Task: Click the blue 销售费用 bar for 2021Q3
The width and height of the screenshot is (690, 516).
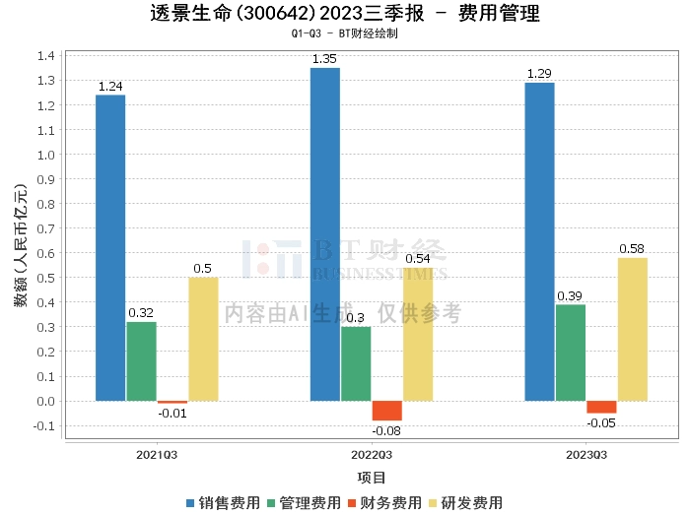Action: pyautogui.click(x=110, y=247)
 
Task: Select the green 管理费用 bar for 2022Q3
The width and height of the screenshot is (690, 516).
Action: pyautogui.click(x=356, y=363)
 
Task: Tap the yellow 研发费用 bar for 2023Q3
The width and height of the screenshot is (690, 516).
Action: pyautogui.click(x=633, y=329)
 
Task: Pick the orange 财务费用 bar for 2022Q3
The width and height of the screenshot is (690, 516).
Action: pyautogui.click(x=386, y=411)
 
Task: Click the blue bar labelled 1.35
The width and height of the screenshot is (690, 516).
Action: pyautogui.click(x=325, y=234)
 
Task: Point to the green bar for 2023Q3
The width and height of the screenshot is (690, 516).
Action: pyautogui.click(x=571, y=353)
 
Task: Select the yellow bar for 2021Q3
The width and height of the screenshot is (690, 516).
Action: pyautogui.click(x=203, y=339)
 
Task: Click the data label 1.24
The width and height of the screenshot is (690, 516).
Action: pyautogui.click(x=110, y=86)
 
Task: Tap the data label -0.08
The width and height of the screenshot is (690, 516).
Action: pyautogui.click(x=386, y=430)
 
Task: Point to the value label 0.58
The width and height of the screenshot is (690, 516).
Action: pyautogui.click(x=633, y=248)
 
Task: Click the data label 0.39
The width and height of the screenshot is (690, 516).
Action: pyautogui.click(x=571, y=295)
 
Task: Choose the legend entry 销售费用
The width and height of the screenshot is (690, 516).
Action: pyautogui.click(x=222, y=503)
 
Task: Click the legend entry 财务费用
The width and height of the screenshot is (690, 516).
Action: pyautogui.click(x=385, y=503)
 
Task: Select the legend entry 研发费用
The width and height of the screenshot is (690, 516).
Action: pyautogui.click(x=466, y=503)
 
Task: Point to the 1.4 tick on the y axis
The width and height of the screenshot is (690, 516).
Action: pyautogui.click(x=45, y=55)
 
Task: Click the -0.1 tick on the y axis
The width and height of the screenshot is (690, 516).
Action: pyautogui.click(x=43, y=426)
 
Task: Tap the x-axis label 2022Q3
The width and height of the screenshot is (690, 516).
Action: pyautogui.click(x=372, y=456)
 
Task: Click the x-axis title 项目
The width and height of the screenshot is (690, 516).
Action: pyautogui.click(x=372, y=478)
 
